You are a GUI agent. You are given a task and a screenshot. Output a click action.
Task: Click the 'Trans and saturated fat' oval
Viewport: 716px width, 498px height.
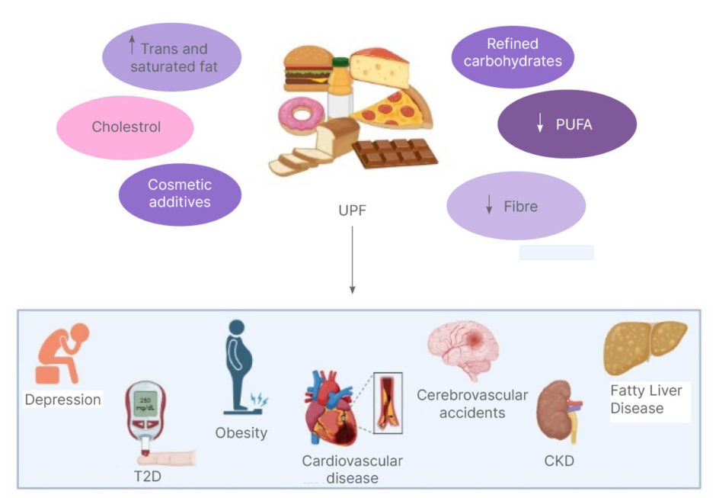(x=171, y=57)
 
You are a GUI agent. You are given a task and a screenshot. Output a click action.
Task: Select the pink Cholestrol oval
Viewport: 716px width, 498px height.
(x=126, y=127)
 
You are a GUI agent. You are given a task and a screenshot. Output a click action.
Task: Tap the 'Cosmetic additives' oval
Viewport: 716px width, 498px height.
(x=180, y=194)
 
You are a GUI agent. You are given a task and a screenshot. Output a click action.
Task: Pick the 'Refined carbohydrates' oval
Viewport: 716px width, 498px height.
(x=512, y=53)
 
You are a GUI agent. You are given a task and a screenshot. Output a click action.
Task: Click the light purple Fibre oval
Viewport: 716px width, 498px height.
(x=516, y=207)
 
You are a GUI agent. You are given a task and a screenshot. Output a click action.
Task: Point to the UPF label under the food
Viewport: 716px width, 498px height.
(x=352, y=210)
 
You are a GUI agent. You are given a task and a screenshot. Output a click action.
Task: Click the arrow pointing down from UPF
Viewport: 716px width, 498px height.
(x=352, y=259)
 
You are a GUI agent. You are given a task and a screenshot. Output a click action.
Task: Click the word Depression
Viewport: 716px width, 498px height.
(x=62, y=400)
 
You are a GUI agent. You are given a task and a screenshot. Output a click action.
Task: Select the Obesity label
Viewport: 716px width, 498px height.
(x=241, y=433)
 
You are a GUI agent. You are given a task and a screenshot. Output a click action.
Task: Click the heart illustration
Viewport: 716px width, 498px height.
(x=329, y=408)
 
